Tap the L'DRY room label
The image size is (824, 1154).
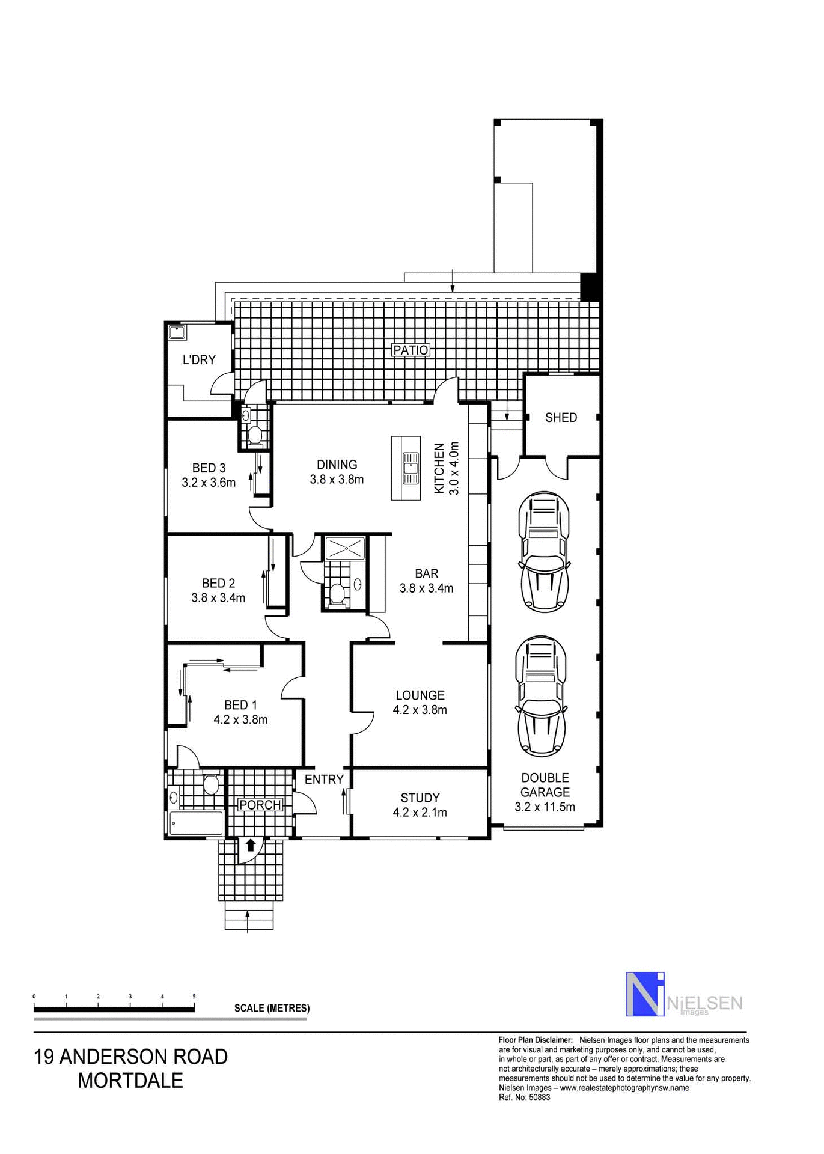(x=199, y=359)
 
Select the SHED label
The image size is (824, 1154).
(x=561, y=417)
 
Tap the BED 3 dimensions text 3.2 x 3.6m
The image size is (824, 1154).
(x=209, y=482)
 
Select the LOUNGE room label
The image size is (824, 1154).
(x=420, y=695)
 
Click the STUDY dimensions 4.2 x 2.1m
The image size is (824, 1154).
(x=420, y=813)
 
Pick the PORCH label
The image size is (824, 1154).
(x=260, y=805)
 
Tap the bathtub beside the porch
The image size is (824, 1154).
(x=195, y=823)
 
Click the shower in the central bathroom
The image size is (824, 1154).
(x=345, y=548)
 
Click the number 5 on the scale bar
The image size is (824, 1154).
(x=194, y=997)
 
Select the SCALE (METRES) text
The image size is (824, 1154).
(x=272, y=1008)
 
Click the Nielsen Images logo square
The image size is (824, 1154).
(x=645, y=994)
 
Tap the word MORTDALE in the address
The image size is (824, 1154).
(x=130, y=1080)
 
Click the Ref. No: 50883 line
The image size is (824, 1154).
(x=524, y=1097)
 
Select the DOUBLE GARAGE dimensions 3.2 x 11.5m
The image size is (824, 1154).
(x=545, y=807)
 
